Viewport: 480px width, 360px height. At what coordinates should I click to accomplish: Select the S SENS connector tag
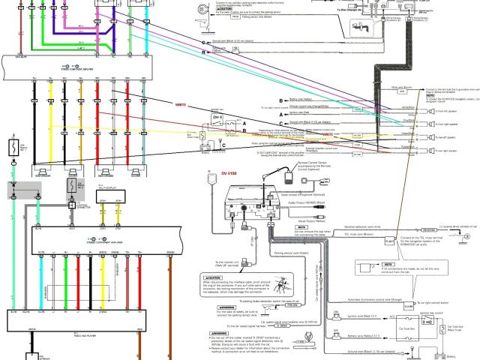tap(282, 325)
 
